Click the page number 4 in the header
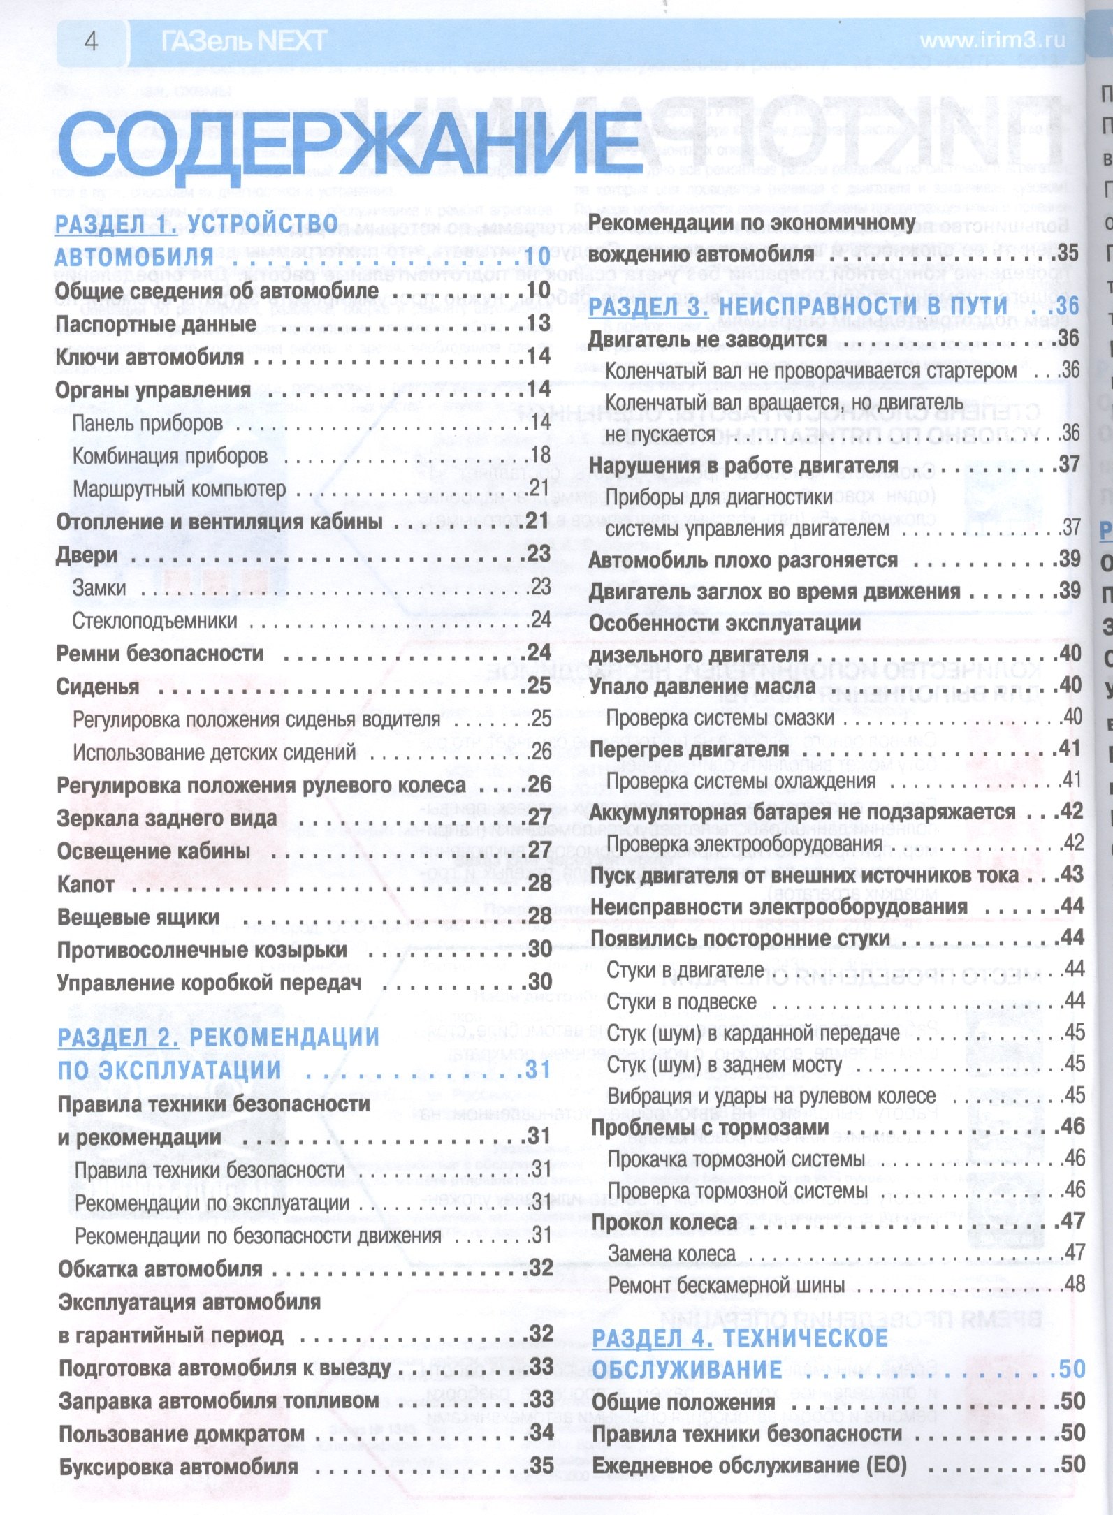coord(91,41)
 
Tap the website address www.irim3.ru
coord(992,41)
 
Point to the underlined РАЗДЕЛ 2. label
coord(118,1037)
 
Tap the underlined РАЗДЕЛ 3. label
coord(648,306)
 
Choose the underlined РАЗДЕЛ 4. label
coord(653,1338)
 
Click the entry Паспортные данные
coord(156,324)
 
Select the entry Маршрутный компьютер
coord(179,489)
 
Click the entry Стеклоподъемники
coord(154,620)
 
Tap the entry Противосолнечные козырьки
coord(202,950)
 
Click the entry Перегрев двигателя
coord(689,749)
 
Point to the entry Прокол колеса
coord(664,1222)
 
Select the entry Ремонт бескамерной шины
coord(726,1285)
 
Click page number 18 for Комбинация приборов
coord(540,455)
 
